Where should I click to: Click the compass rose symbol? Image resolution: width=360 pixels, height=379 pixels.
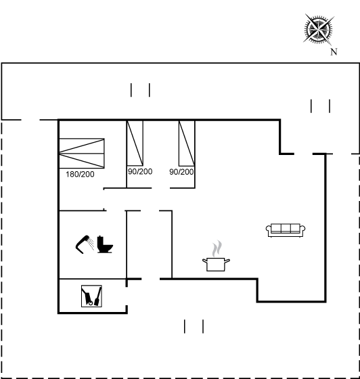point(319,30)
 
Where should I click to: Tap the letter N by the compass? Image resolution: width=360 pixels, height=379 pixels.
point(334,51)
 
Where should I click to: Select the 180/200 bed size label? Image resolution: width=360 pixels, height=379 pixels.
point(80,175)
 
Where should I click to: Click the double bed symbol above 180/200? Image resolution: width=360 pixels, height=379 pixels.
point(82,153)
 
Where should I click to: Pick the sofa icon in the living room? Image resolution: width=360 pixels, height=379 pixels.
point(286,230)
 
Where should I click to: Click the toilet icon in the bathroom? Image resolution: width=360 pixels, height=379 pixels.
point(105,244)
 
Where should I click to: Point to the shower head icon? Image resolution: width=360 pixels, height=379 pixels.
point(85,244)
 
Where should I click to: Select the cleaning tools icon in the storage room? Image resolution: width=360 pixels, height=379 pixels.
point(91,296)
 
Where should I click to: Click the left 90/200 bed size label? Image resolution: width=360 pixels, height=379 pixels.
point(140,171)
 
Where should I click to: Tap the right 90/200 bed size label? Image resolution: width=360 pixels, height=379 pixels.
point(181,172)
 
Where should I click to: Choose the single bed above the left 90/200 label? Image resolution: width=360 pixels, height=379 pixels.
point(135,143)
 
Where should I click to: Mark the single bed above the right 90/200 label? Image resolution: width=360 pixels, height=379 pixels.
point(187,143)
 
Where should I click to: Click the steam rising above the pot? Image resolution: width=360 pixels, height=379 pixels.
point(217,248)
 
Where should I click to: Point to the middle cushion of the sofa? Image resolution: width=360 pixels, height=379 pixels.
point(286,228)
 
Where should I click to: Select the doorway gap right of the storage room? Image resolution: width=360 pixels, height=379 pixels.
point(127,296)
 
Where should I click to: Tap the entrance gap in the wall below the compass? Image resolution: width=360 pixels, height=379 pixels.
point(303,154)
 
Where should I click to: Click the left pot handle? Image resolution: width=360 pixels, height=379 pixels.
point(204,261)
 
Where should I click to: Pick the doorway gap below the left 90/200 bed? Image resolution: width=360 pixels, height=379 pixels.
point(160,188)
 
